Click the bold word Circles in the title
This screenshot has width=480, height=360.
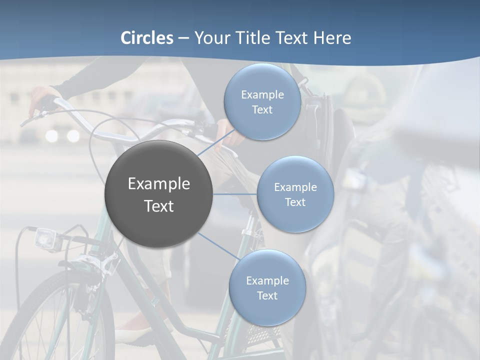147,38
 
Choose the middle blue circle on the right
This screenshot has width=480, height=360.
295,194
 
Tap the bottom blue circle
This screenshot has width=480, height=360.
267,288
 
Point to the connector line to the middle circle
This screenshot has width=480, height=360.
235,194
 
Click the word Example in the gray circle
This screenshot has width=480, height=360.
159,184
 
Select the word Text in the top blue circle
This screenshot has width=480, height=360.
262,109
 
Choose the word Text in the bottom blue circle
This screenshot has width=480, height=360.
267,295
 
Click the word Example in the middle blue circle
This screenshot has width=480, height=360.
295,187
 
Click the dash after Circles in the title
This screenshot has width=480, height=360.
183,38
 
